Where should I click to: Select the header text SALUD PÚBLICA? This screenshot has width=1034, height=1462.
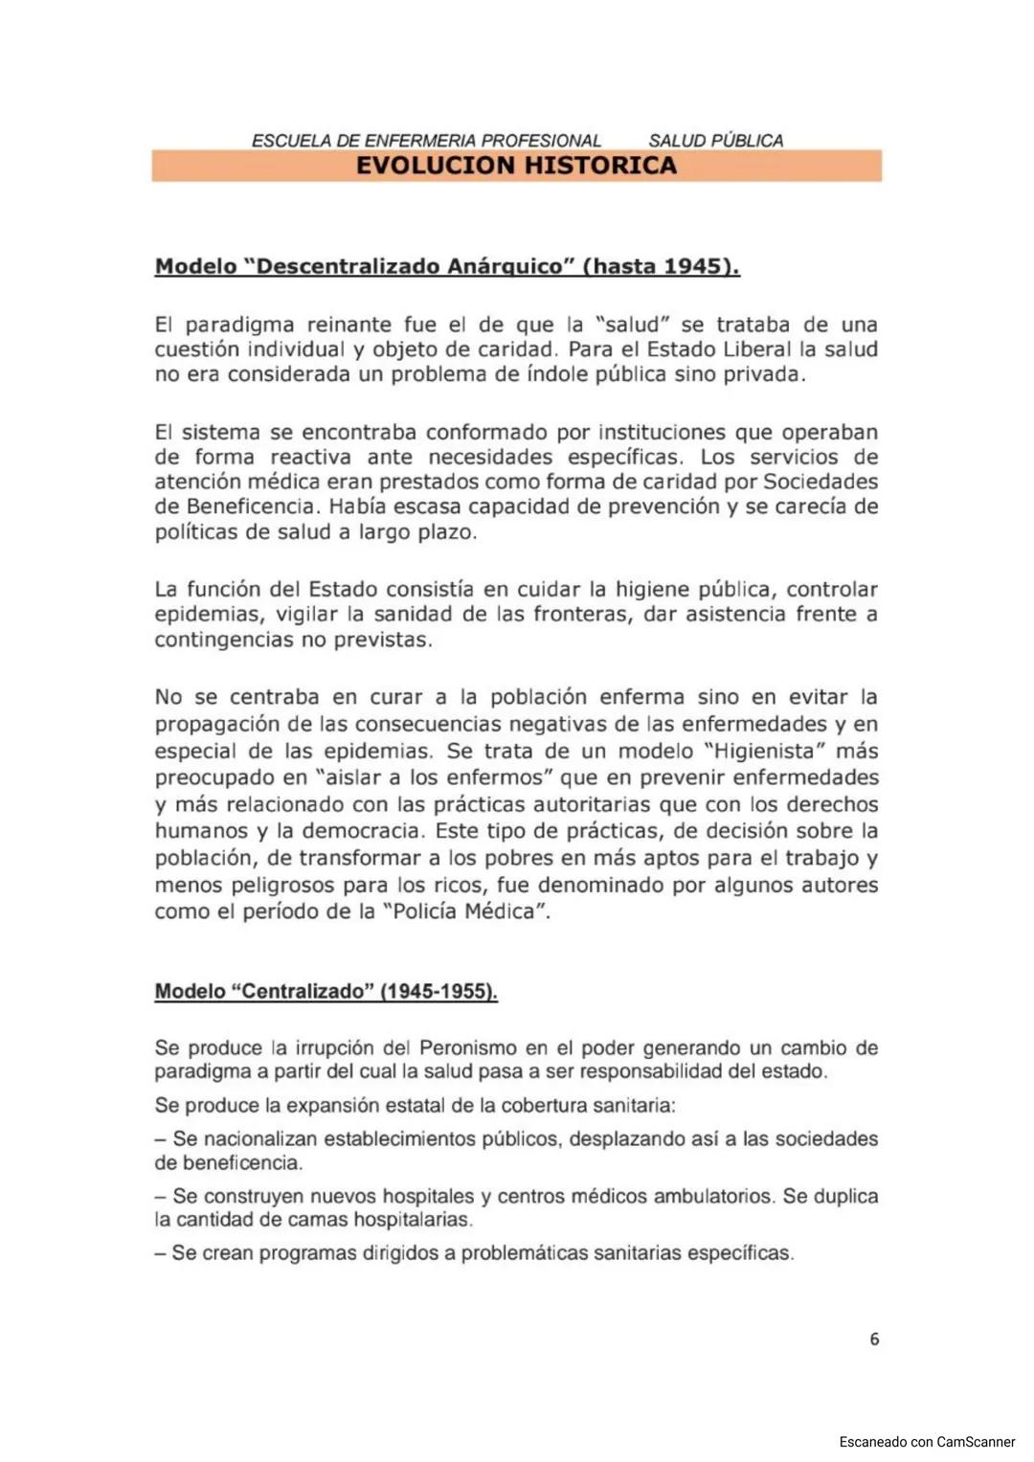click(715, 141)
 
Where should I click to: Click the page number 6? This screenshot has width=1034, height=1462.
click(874, 1338)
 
